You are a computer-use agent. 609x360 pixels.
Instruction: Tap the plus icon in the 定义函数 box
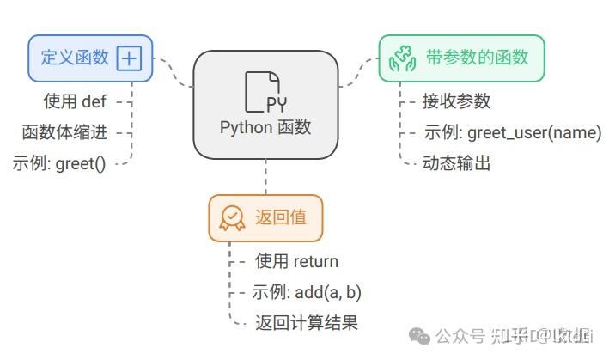[x=129, y=58]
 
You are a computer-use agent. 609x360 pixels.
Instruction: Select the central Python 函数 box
[x=265, y=104]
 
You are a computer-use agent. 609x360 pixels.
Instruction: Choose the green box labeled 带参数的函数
[x=461, y=58]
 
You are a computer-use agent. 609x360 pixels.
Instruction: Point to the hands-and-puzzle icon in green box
[x=403, y=58]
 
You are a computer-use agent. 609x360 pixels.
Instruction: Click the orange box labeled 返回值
[x=265, y=218]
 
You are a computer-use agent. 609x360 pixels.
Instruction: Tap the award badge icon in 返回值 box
[x=232, y=218]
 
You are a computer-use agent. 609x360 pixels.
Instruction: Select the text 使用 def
[x=75, y=101]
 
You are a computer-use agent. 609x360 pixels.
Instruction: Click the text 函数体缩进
[x=64, y=131]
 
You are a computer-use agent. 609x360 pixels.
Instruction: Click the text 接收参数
[x=456, y=101]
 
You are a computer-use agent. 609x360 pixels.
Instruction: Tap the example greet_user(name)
[x=511, y=132]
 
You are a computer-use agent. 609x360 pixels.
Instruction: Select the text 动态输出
[x=456, y=162]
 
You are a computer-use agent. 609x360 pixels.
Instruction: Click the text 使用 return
[x=296, y=261]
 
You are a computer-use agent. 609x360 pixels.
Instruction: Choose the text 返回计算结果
[x=306, y=323]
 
